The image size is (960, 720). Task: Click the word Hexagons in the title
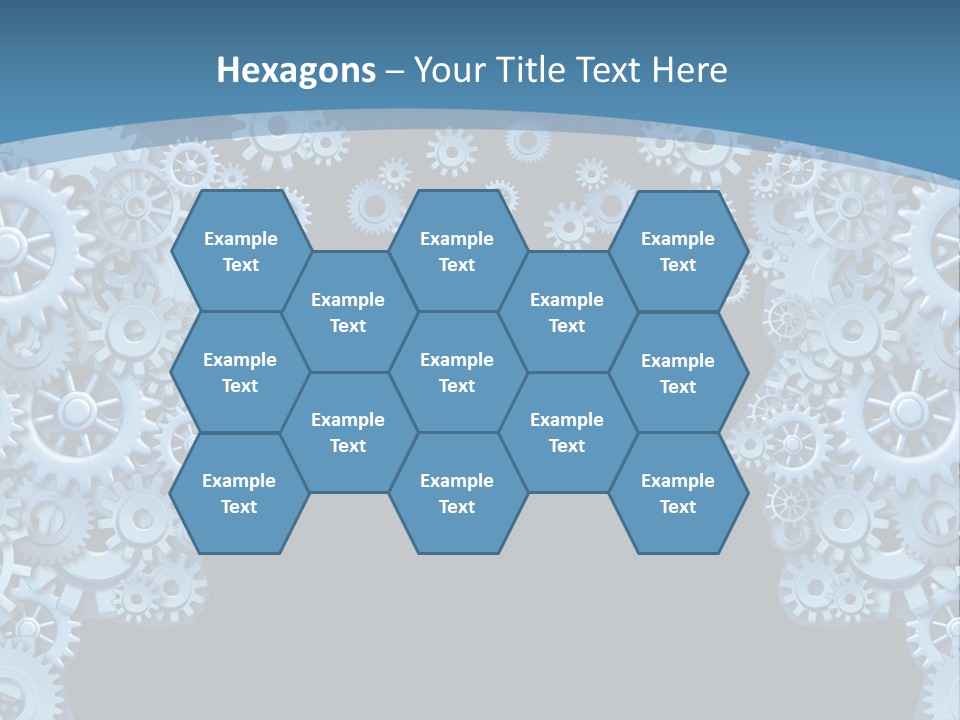[296, 70]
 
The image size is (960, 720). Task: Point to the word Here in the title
[689, 70]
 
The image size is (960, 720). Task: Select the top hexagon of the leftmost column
[240, 251]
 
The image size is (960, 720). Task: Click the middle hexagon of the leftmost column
[240, 372]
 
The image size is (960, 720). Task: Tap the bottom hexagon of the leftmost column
[239, 493]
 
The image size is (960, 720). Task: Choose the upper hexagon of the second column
[348, 312]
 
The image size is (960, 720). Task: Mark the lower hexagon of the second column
[348, 432]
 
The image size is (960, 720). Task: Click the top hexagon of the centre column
[457, 251]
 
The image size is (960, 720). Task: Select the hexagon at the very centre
[457, 372]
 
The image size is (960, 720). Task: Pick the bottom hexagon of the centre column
[457, 493]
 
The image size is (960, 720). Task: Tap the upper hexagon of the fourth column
[567, 312]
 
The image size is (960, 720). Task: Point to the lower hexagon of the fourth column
[567, 432]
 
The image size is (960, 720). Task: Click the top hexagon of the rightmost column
[678, 251]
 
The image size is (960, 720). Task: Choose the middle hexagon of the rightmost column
[678, 373]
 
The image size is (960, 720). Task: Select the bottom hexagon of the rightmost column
[678, 493]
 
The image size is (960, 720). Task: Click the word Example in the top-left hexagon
[240, 239]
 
